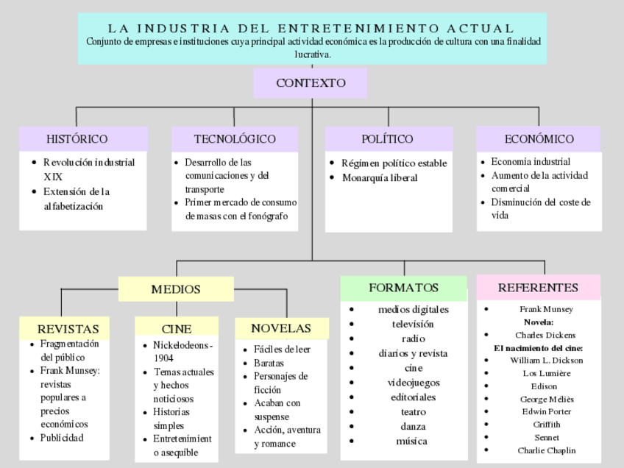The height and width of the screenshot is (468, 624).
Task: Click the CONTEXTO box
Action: coord(311,83)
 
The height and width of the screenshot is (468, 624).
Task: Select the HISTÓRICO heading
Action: coord(77,139)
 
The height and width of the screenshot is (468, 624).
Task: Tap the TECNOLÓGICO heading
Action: coord(235,139)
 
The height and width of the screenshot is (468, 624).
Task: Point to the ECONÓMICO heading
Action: coord(539,139)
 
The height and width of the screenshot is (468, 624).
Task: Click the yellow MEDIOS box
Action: coord(176,289)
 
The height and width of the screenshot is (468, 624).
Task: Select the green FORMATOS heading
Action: coord(403,288)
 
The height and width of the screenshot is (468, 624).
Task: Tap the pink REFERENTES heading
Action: coord(538,288)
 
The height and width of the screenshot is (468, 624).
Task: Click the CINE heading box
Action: coord(176,329)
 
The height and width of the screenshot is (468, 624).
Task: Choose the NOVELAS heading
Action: coord(280,328)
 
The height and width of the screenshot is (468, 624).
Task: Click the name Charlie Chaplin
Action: coord(546,450)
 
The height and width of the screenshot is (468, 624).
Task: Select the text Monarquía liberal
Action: coord(380,178)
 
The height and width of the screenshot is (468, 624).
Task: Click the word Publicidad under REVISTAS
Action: coord(62,438)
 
